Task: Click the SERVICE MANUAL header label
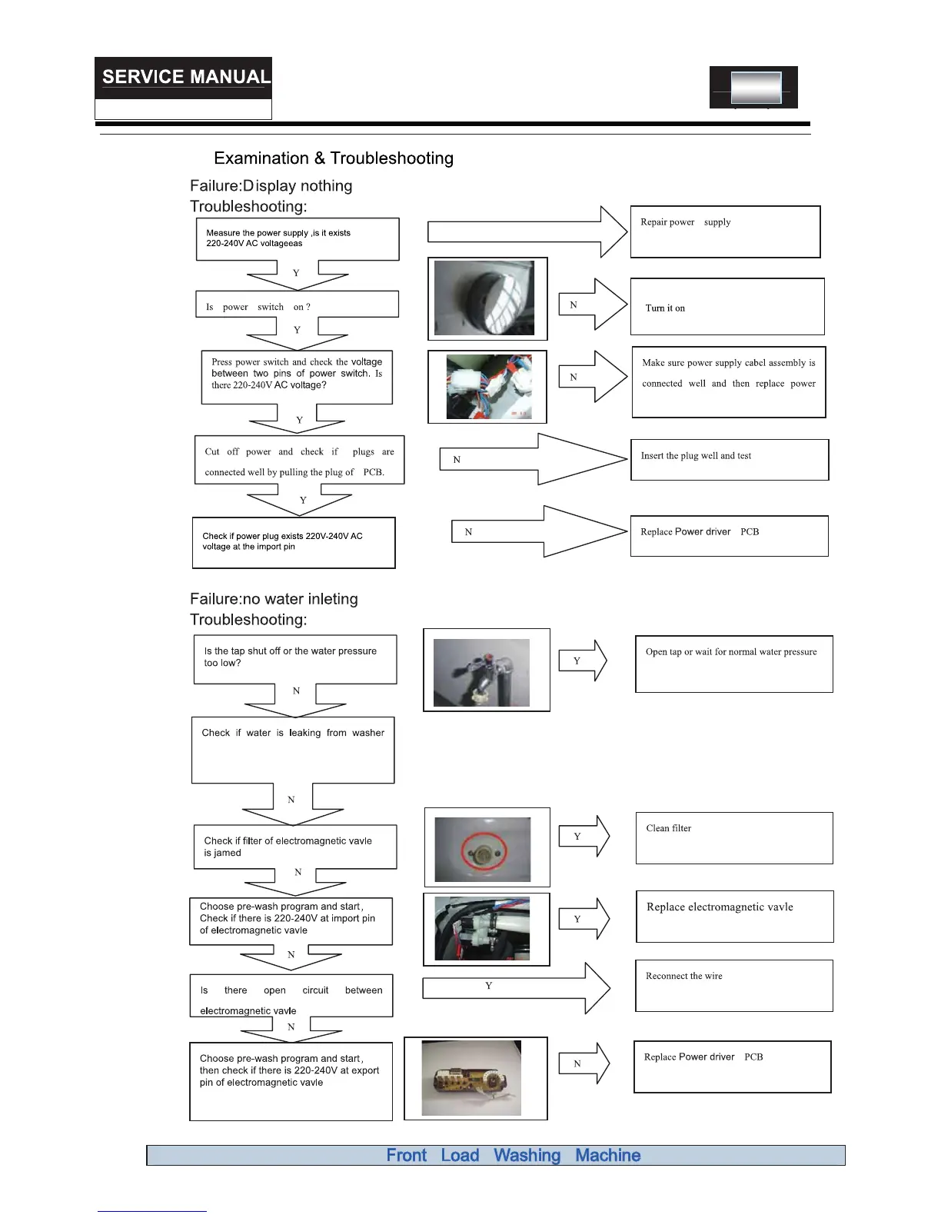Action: tap(185, 77)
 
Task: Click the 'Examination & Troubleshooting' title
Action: tap(334, 158)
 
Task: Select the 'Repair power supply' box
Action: tap(725, 231)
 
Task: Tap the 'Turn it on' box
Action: tap(727, 307)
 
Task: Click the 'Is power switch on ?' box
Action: tap(297, 304)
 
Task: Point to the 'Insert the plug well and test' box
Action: tap(729, 460)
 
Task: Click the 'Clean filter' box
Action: tap(734, 837)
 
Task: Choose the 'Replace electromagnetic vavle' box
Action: tap(734, 916)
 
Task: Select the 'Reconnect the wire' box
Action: tap(733, 985)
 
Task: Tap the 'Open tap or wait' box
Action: tap(733, 664)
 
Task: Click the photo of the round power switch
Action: tap(487, 298)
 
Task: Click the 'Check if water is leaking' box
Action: tap(293, 750)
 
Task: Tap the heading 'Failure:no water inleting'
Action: tap(274, 599)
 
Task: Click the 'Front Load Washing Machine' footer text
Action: tap(513, 1155)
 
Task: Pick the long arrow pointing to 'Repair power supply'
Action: tap(527, 231)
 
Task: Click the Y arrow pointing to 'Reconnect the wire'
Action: tap(516, 987)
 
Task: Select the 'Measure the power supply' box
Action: tap(298, 239)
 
